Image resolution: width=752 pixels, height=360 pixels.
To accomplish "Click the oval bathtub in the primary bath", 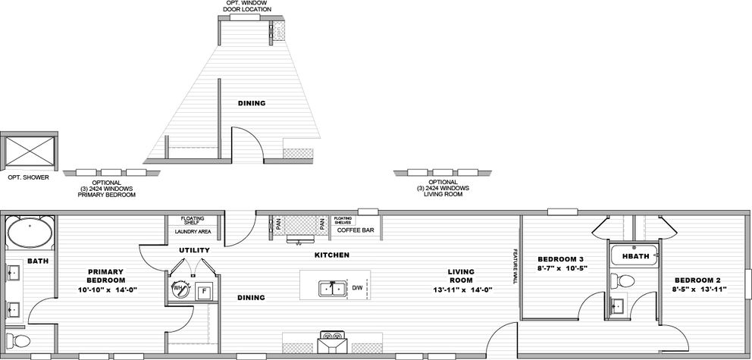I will click(30, 233).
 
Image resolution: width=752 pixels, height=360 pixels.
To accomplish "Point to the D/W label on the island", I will click(357, 288).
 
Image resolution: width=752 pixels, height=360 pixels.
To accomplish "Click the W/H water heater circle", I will click(180, 289).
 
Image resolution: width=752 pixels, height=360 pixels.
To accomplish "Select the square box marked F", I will click(203, 291).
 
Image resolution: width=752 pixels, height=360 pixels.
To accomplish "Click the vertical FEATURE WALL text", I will click(515, 267).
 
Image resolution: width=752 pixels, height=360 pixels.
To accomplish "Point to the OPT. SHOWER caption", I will click(28, 177).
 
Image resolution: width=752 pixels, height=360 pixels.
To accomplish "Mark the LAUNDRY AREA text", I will click(193, 231).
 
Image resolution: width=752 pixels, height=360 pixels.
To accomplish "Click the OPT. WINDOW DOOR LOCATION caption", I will click(247, 7).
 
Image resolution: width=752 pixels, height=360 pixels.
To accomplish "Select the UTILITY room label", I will click(194, 249).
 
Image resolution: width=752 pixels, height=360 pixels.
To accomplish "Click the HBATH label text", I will click(635, 256).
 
